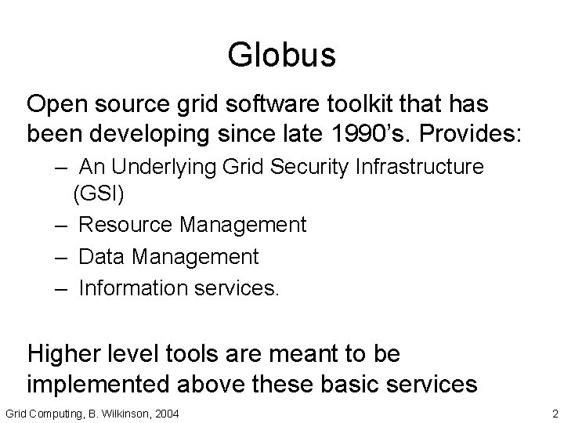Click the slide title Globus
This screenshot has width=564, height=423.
point(281,56)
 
